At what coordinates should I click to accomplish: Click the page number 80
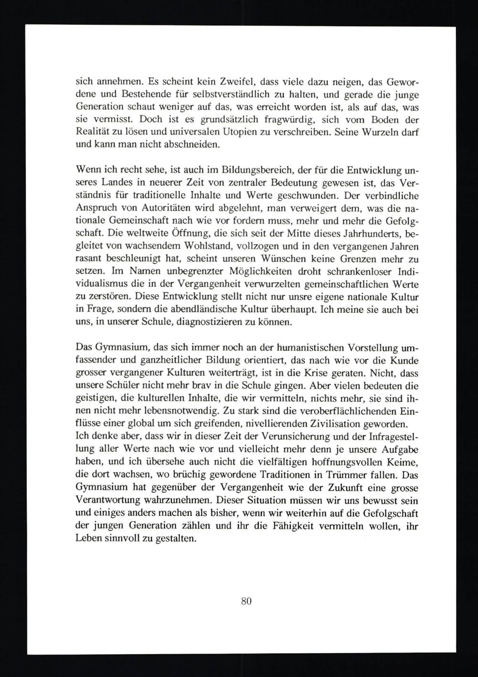pyautogui.click(x=246, y=601)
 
